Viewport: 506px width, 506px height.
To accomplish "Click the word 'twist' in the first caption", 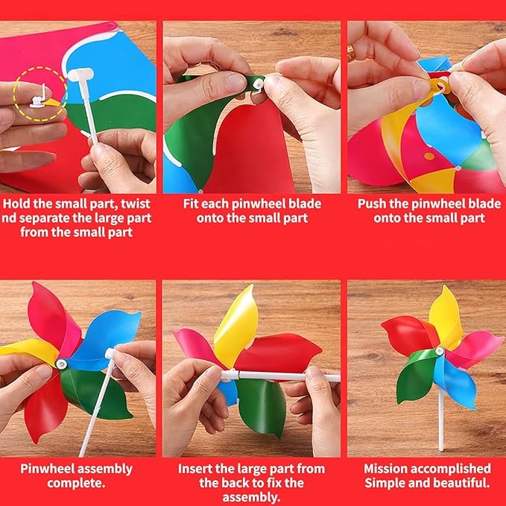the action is tap(136, 204).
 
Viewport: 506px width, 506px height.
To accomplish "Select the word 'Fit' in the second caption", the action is tap(190, 204).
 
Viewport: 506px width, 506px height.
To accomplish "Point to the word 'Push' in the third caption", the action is tap(372, 204).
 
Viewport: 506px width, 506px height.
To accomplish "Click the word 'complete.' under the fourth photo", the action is tap(76, 483).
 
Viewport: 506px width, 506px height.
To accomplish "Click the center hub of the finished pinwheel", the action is tap(440, 352).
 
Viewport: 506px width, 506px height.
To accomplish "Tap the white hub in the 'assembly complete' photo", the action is tap(61, 364).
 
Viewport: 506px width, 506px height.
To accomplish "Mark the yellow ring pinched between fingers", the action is tap(440, 86).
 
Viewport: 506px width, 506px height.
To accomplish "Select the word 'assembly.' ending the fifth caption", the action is tap(251, 497).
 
